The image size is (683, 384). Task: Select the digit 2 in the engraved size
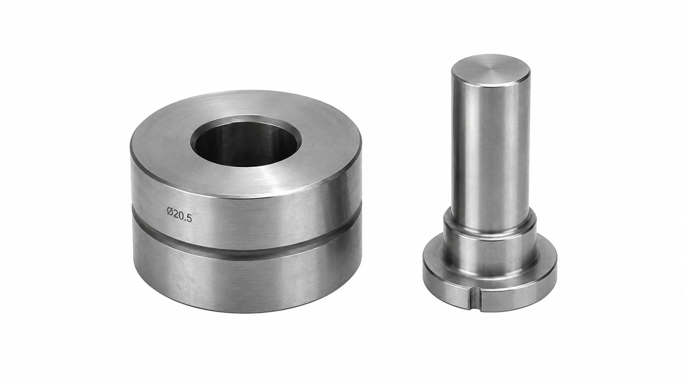(x=176, y=214)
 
